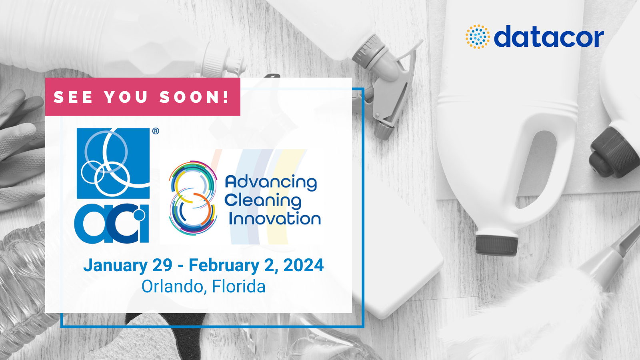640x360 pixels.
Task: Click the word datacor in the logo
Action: (549, 36)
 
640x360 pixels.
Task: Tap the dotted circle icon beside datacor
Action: (478, 36)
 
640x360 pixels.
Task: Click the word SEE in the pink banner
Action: (73, 97)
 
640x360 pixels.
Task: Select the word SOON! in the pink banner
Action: (194, 96)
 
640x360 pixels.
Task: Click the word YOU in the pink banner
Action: (126, 97)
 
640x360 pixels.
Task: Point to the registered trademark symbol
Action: (156, 131)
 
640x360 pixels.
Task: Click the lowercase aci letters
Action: (112, 224)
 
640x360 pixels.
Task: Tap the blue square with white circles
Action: (113, 163)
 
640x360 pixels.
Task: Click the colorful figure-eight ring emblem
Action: (193, 198)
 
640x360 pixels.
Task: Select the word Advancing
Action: (271, 183)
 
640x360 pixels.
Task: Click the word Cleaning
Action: (263, 201)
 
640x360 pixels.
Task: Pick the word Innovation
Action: (275, 218)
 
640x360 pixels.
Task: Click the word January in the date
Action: (116, 266)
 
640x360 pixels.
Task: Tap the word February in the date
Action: (224, 266)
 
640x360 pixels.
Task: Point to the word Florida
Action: (238, 286)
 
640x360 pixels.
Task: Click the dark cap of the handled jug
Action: (496, 246)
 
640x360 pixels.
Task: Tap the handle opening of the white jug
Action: (536, 170)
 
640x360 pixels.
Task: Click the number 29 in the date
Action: (162, 265)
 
